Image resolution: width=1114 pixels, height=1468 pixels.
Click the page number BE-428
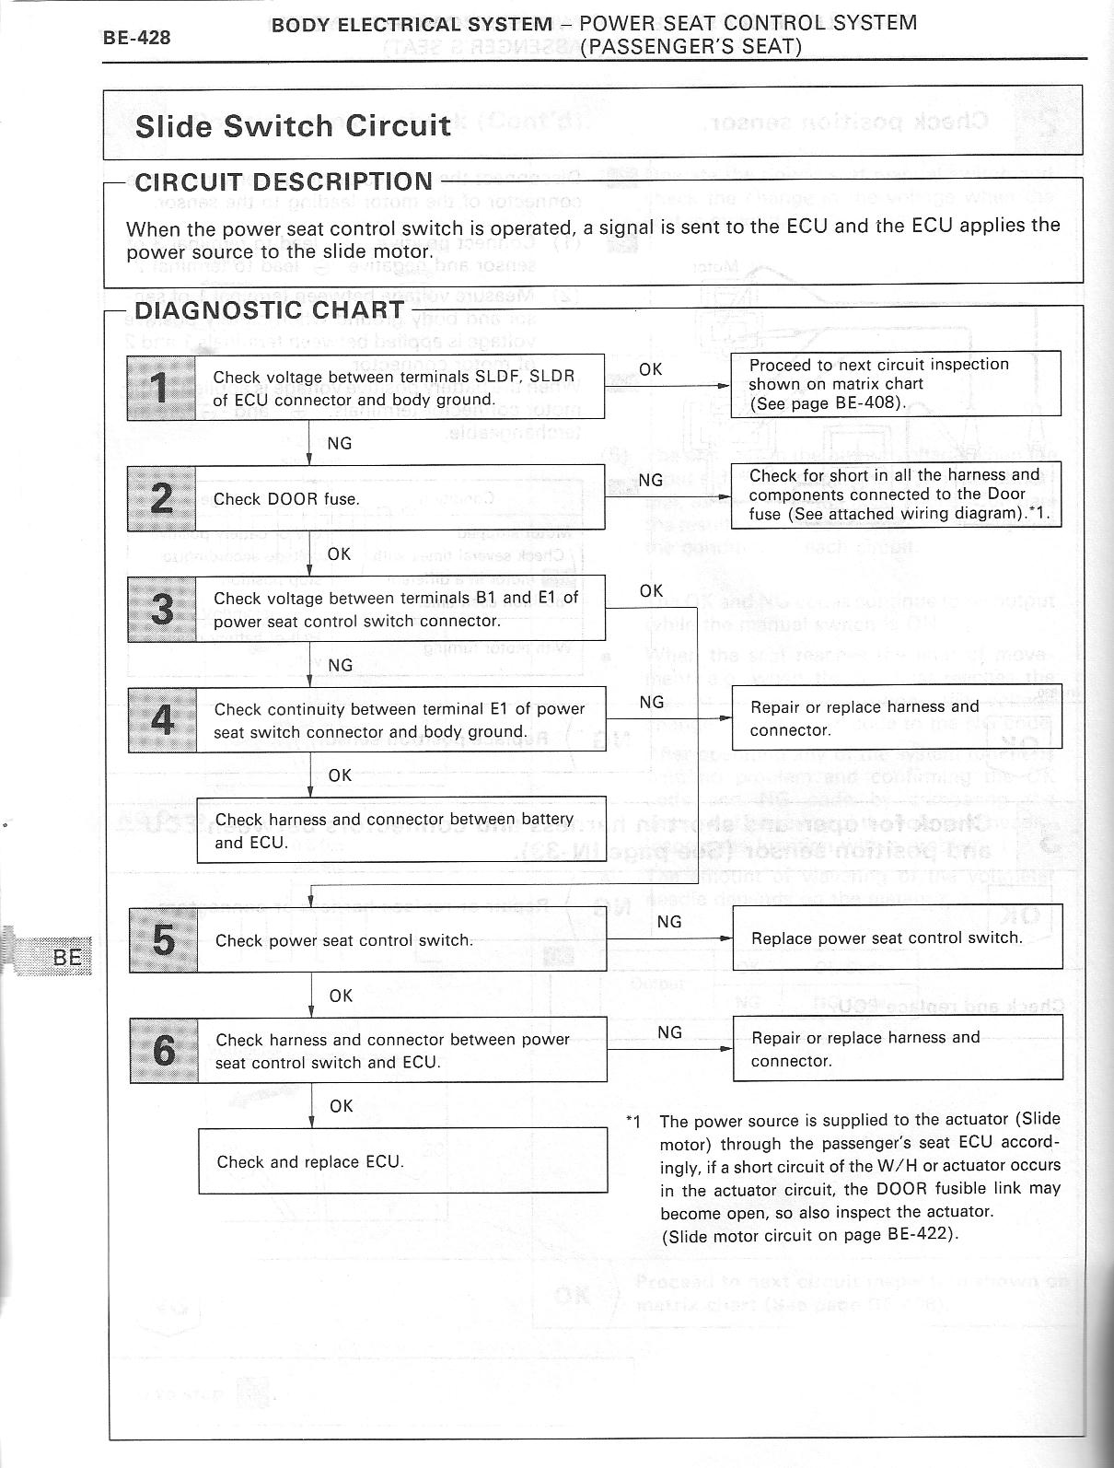pyautogui.click(x=136, y=37)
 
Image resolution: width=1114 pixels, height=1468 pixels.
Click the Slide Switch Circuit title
pyautogui.click(x=293, y=125)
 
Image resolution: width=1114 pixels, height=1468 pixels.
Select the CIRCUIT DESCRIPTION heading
pyautogui.click(x=284, y=181)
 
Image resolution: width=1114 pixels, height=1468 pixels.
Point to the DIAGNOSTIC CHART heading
pyautogui.click(x=269, y=309)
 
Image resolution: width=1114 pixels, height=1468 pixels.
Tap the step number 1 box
pyautogui.click(x=161, y=387)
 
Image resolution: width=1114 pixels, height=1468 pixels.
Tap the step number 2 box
pyautogui.click(x=161, y=497)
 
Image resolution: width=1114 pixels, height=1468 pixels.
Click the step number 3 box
pyautogui.click(x=162, y=609)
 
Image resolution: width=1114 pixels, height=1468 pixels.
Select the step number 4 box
pyautogui.click(x=162, y=719)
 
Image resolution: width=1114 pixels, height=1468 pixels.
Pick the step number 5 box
pyautogui.click(x=163, y=939)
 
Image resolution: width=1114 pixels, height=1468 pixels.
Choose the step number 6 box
pyautogui.click(x=163, y=1050)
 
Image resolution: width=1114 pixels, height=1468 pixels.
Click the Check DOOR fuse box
pyautogui.click(x=400, y=498)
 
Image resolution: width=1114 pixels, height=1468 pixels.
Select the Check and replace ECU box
pyautogui.click(x=402, y=1161)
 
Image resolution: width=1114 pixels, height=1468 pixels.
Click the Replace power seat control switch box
pyautogui.click(x=897, y=938)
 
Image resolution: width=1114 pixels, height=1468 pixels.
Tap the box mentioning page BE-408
pyautogui.click(x=896, y=383)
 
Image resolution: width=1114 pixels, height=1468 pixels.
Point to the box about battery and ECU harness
pyautogui.click(x=400, y=830)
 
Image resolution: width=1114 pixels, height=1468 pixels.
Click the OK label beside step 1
pyautogui.click(x=650, y=369)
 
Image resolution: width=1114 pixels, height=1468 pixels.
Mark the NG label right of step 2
pyautogui.click(x=650, y=480)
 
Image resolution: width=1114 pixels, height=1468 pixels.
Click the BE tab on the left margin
pyautogui.click(x=66, y=956)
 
